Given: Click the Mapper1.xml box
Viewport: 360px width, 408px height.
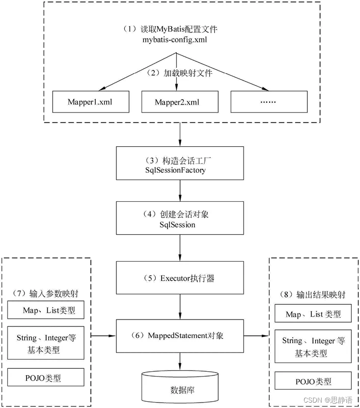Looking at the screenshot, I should point(91,102).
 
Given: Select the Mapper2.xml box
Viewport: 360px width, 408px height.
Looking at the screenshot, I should point(179,102).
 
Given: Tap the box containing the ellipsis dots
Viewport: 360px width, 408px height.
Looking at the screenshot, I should point(269,102).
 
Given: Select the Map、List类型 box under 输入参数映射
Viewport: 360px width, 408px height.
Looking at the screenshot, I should point(46,310).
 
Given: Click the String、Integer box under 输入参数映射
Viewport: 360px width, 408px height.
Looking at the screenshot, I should point(46,344).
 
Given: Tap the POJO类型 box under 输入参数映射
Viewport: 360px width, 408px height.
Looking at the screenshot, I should point(46,377).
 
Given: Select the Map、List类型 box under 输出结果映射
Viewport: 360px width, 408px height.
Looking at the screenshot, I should point(313,314).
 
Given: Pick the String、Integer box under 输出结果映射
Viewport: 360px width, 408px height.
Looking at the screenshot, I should point(313,347).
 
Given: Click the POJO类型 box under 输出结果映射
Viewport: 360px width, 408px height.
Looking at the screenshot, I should point(313,381).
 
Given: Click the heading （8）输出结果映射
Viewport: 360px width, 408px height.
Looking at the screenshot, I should point(313,295).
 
